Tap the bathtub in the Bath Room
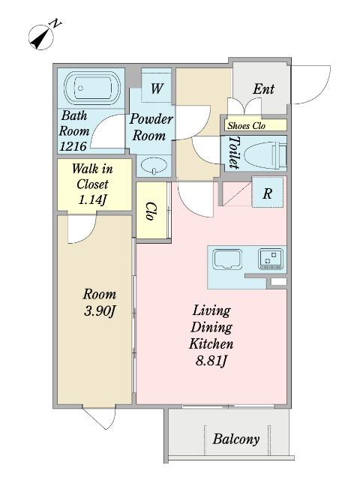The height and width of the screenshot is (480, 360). (92, 88)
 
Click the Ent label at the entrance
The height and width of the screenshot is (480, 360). (263, 89)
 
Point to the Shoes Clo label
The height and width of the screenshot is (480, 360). (247, 125)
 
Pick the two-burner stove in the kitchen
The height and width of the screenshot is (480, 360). (271, 259)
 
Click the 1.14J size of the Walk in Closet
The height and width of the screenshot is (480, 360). (92, 200)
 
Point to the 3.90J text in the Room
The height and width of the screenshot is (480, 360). (100, 311)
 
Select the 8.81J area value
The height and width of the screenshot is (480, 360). (211, 361)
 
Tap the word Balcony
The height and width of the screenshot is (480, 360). (236, 439)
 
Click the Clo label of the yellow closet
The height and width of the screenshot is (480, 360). (150, 211)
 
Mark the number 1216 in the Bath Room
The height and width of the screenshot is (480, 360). (73, 147)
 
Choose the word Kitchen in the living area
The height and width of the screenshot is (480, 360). (211, 344)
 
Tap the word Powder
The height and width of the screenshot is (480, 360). (151, 119)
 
